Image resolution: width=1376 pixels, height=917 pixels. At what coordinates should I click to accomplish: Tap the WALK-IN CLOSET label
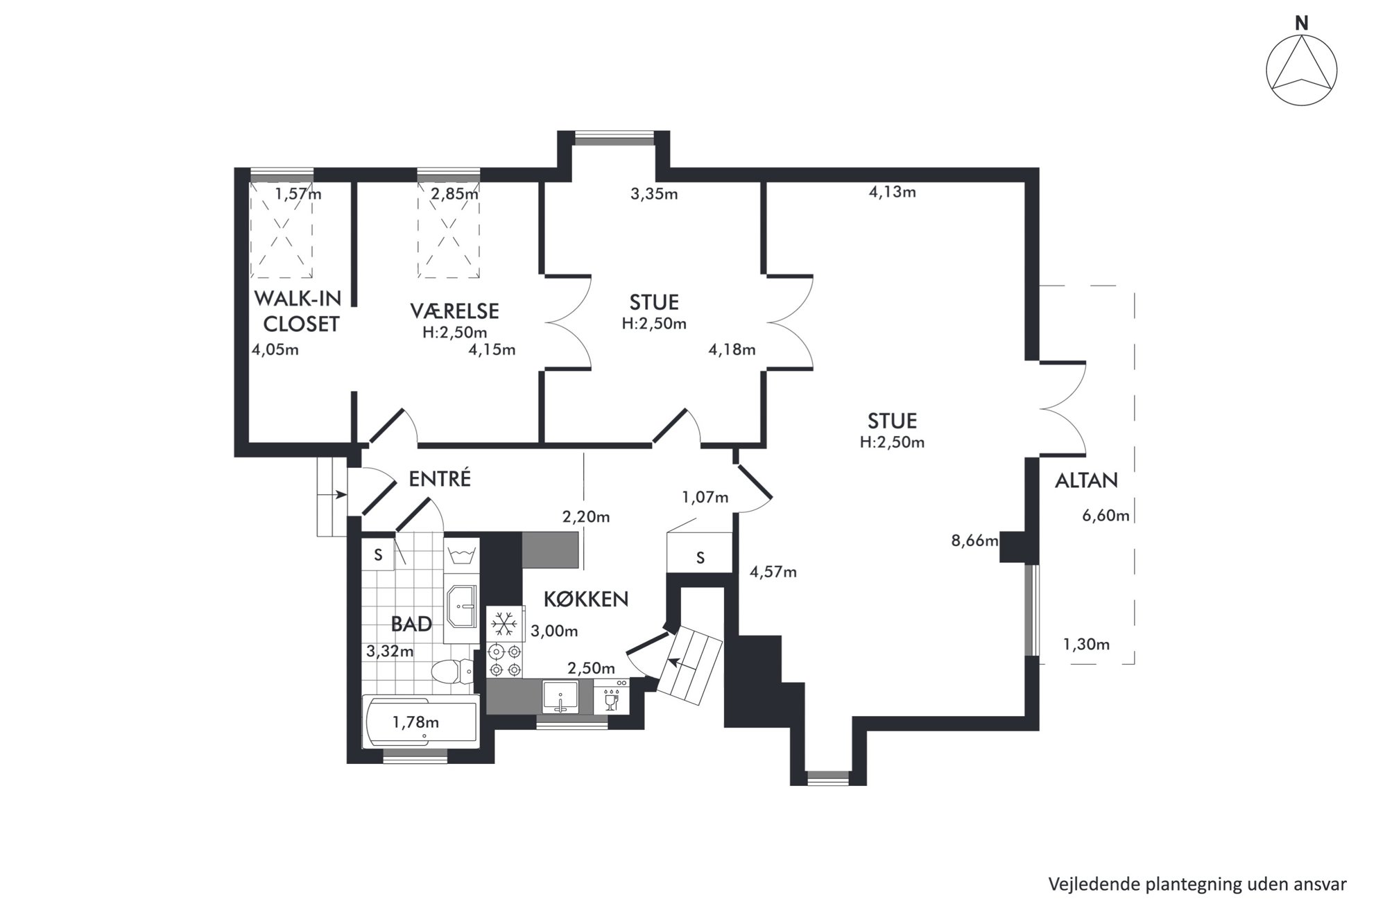(299, 311)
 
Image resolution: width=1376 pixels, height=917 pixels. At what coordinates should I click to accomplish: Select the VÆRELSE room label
(454, 311)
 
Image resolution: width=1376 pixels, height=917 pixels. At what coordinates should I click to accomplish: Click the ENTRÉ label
(440, 479)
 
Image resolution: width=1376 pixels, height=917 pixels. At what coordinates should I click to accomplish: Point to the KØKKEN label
(585, 599)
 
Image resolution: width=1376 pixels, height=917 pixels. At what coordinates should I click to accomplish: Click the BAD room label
(411, 624)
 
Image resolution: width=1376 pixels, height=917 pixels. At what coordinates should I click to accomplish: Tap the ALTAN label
(1086, 480)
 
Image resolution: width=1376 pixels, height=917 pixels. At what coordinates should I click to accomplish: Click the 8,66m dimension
(974, 541)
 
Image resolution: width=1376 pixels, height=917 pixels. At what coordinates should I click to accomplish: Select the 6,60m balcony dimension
(1106, 516)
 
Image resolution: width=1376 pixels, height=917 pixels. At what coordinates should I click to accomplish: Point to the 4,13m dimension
(893, 192)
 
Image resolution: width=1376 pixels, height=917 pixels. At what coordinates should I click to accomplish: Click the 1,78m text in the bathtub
(415, 722)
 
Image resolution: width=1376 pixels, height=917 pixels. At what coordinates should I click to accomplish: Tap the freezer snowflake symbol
(504, 624)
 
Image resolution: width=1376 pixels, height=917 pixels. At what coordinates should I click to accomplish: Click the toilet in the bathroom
(452, 671)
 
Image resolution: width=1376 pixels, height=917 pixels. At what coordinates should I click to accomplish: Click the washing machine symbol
(461, 555)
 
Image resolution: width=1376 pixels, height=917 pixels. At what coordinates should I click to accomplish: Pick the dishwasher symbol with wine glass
(612, 697)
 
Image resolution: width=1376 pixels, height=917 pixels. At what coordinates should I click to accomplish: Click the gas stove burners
(504, 661)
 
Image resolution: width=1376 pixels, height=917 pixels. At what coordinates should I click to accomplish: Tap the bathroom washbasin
(461, 606)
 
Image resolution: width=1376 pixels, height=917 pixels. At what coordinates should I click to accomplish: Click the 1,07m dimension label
(705, 497)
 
